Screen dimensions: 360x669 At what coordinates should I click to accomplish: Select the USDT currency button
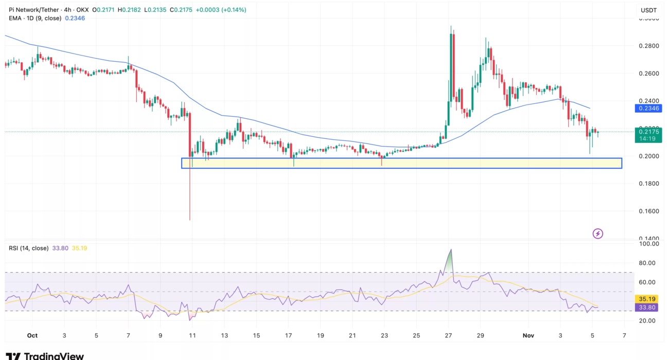(x=648, y=10)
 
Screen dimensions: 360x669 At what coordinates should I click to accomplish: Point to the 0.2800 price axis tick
(x=648, y=46)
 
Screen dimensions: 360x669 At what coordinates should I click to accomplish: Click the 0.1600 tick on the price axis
(x=648, y=211)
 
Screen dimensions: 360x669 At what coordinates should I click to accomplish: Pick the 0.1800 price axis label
(x=648, y=184)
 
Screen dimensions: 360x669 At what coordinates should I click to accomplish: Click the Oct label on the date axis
(x=32, y=336)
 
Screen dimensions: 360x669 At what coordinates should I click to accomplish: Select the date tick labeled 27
(x=448, y=336)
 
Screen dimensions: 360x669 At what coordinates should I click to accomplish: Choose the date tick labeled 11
(x=192, y=336)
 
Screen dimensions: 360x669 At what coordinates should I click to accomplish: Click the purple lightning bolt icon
(x=598, y=234)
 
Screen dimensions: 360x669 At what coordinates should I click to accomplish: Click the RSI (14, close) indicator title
(x=29, y=248)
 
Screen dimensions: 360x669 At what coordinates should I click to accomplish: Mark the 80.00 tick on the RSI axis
(x=648, y=263)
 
